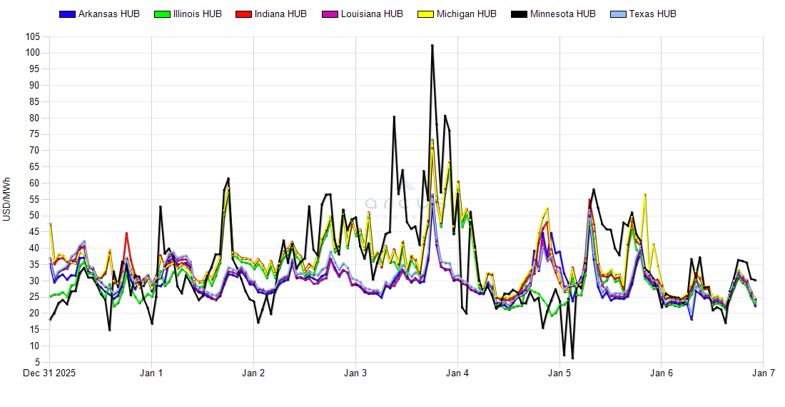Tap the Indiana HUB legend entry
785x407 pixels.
pos(280,14)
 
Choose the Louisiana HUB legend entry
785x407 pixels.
pos(372,14)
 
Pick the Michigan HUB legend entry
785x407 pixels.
pos(465,14)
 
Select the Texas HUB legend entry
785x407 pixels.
pos(652,14)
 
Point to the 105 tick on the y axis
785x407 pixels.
pos(31,36)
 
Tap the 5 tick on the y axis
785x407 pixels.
pos(36,362)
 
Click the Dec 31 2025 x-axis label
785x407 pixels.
pos(50,373)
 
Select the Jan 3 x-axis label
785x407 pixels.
pos(355,373)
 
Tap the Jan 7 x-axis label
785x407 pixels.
pos(764,373)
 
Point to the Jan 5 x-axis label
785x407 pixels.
pos(559,373)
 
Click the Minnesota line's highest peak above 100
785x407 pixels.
pos(432,46)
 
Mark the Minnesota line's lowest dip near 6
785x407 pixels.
pos(572,358)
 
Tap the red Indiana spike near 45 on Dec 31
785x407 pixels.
pos(126,233)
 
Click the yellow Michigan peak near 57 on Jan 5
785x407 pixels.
pos(645,194)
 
